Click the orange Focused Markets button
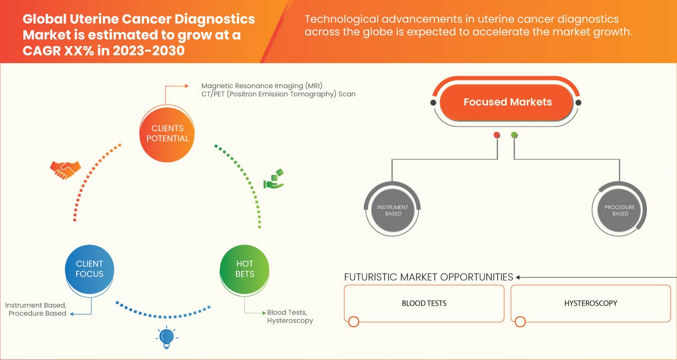(507, 102)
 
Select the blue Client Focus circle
(89, 268)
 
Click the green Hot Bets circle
(244, 268)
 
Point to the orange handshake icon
(65, 169)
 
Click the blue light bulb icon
(167, 337)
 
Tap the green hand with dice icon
(274, 179)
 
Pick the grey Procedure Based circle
(620, 210)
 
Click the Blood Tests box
(424, 303)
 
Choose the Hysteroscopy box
(590, 303)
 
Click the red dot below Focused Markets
(497, 135)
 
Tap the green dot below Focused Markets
(514, 135)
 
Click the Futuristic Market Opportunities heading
(428, 277)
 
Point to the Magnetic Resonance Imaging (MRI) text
(262, 86)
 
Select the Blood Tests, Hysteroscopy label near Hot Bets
(290, 317)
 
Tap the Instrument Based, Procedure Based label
(36, 309)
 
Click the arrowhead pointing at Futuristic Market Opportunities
(518, 277)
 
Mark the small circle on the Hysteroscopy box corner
(520, 321)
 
